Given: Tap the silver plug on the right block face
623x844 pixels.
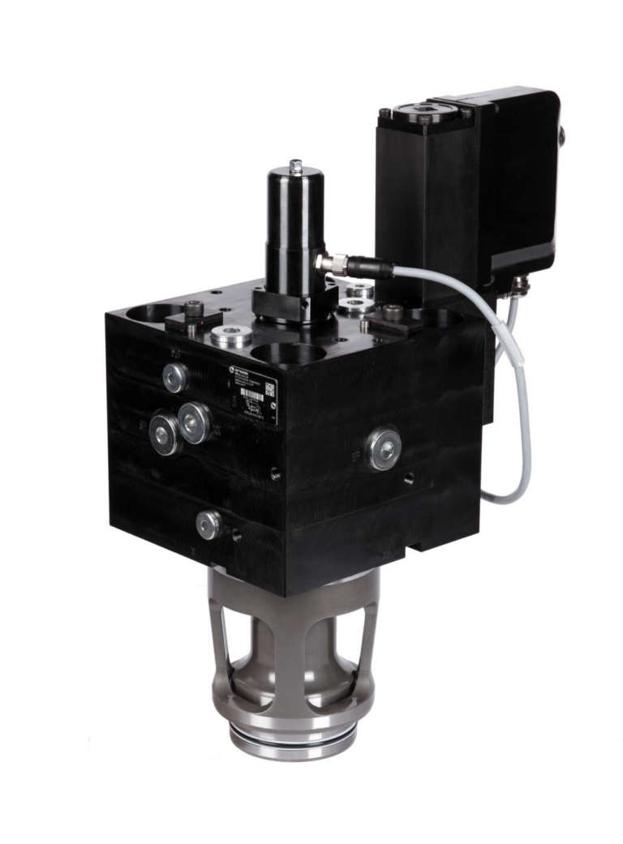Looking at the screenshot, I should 383,448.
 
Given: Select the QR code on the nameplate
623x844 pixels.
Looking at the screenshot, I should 269,390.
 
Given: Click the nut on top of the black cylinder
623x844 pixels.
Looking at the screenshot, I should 295,166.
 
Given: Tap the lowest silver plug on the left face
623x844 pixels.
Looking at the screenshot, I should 208,525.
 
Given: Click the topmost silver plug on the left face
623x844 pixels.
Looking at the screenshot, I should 175,376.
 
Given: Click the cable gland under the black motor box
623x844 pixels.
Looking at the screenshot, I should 518,285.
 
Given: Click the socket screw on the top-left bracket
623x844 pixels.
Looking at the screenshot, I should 193,309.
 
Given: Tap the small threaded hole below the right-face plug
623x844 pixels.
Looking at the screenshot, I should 409,478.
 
